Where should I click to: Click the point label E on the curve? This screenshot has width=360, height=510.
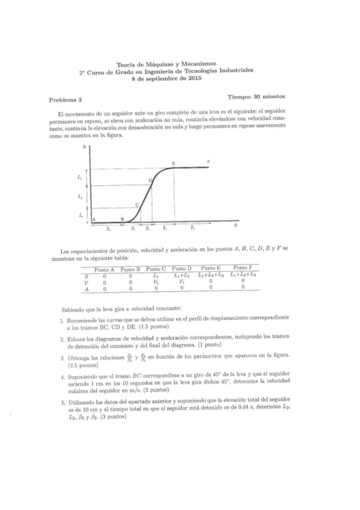(173, 164)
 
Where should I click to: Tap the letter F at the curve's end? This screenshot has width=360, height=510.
(208, 162)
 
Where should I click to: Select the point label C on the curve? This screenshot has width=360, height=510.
(137, 204)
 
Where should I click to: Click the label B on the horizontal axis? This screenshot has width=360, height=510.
(123, 220)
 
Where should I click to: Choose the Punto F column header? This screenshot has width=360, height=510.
(243, 268)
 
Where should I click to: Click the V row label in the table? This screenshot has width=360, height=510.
(87, 282)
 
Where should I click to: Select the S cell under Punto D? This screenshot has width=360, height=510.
(181, 275)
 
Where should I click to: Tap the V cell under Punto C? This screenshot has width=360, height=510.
(156, 281)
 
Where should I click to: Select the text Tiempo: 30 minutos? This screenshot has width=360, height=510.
(256, 96)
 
